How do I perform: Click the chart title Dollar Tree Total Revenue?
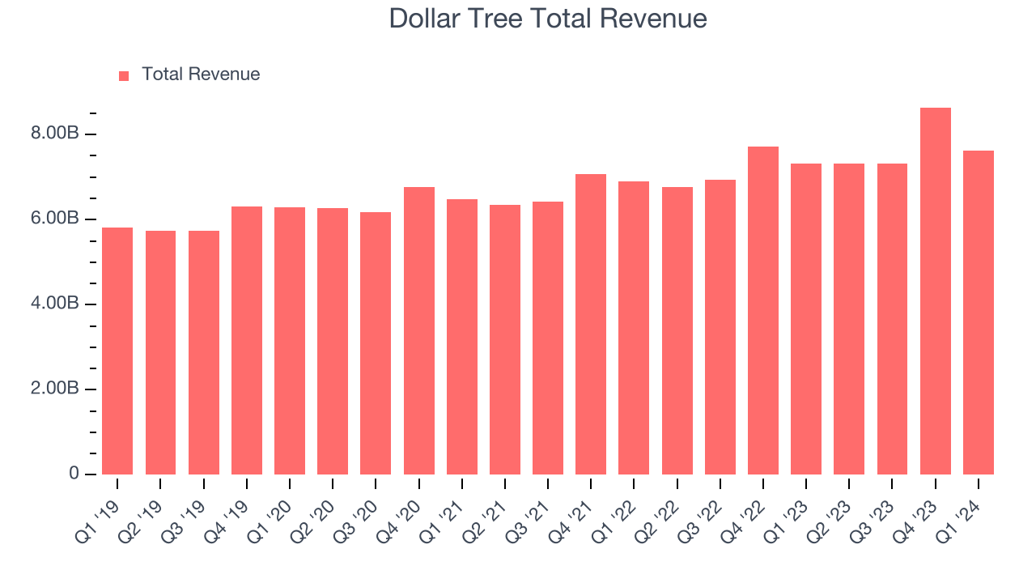tap(548, 19)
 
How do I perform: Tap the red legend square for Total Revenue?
tap(124, 75)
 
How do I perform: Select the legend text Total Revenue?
tap(201, 74)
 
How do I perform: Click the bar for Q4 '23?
tap(935, 291)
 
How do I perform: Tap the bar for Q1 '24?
tap(978, 313)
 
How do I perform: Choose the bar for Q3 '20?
tap(376, 343)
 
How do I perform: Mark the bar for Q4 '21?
tap(591, 324)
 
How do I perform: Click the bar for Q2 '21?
tap(504, 339)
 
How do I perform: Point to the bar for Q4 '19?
tap(246, 340)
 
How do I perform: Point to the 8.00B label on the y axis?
tap(55, 134)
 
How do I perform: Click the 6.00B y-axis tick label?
tap(55, 219)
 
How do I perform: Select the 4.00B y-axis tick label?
tap(55, 304)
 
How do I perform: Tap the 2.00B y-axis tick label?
tap(55, 389)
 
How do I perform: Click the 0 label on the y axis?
tap(74, 474)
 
